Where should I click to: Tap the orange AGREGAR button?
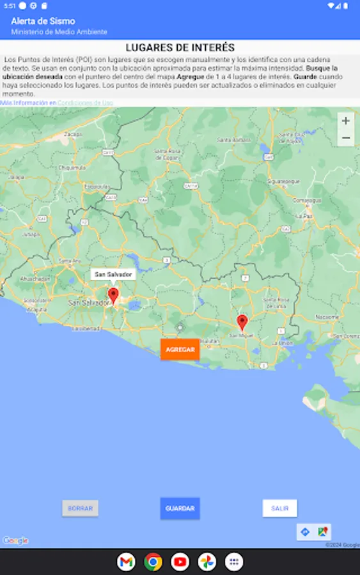point(180,349)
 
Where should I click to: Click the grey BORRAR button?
point(80,509)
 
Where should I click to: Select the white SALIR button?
point(279,509)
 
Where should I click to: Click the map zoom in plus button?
point(346,121)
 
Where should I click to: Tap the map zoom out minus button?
point(346,138)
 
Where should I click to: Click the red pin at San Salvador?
point(113,295)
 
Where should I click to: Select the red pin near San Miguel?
point(242,322)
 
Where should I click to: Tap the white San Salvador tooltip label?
point(113,275)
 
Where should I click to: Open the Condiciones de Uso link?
point(85,103)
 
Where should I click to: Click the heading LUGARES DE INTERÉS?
point(180,48)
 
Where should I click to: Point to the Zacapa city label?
point(73,134)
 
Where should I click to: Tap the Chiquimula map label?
point(68,167)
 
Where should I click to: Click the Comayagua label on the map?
point(306,200)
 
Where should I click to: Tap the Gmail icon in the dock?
point(126,562)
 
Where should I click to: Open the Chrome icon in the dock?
point(153,562)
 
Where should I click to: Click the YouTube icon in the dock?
point(180,562)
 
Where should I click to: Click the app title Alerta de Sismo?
point(43,21)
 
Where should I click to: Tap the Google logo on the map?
point(15,540)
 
